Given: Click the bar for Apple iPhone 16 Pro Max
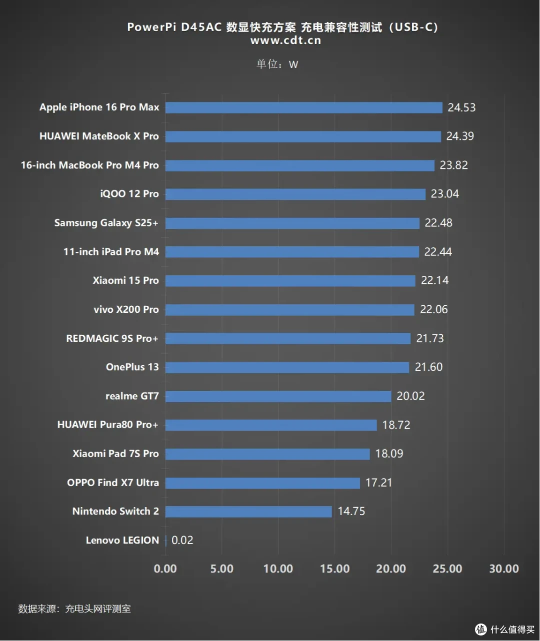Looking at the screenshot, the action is coord(303,108).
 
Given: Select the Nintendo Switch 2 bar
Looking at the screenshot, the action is coord(248,512).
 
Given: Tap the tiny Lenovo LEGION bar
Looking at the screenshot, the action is coord(166,541).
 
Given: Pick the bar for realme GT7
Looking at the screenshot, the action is coord(278,396).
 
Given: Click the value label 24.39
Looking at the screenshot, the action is coord(460,136).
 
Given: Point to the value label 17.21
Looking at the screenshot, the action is coord(378,483).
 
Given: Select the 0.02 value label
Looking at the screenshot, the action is coord(182,540).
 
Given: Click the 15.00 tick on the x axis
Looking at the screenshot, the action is coord(334,569).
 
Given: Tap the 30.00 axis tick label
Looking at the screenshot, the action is coord(504,569).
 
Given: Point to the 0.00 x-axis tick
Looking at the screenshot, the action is coord(165,569).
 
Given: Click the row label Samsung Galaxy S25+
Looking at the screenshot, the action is coord(106,223).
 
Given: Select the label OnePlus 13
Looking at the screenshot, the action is coord(132,367).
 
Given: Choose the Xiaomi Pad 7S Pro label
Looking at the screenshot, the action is coord(115,454).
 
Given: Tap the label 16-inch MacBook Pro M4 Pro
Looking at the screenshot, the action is coord(89,165).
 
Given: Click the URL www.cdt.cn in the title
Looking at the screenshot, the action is coord(286,40).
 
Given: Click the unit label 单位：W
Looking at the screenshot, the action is coord(277,64).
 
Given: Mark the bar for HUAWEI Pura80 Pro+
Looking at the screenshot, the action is coord(271,425).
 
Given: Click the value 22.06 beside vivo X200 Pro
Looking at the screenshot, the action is coord(433,309).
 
